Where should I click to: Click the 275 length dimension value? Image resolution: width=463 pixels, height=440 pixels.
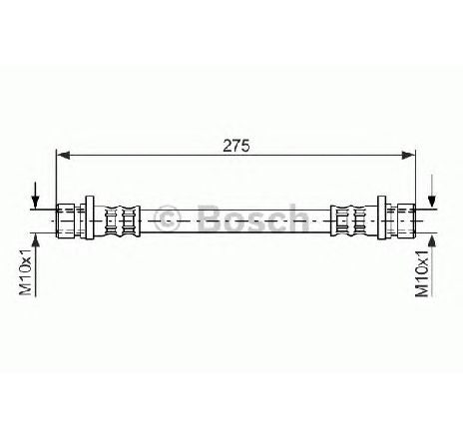(235, 146)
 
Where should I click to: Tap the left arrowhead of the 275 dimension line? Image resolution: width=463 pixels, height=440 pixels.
(63, 155)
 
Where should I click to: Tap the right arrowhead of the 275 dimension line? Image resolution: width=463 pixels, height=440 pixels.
(408, 155)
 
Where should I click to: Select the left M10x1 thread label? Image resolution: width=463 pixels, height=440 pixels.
(25, 271)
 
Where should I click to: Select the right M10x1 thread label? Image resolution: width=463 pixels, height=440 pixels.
(422, 273)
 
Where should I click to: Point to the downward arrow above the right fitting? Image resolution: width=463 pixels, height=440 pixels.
(432, 192)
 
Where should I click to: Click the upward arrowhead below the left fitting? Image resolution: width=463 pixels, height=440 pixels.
(36, 240)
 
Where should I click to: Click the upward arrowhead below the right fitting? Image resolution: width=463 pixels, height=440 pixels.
(432, 240)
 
